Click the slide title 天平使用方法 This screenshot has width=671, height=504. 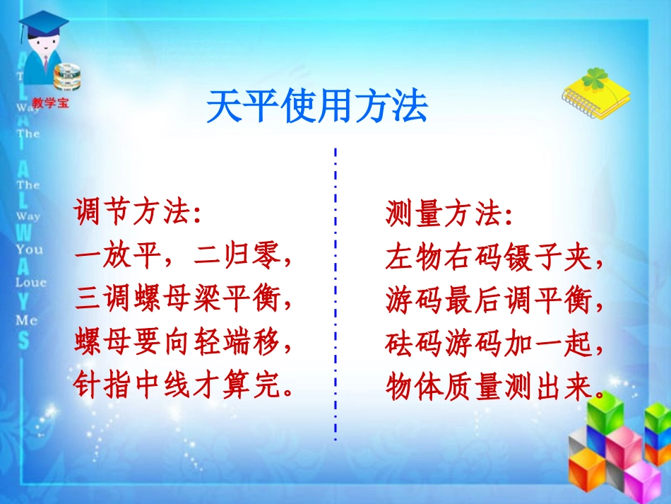pos(317,107)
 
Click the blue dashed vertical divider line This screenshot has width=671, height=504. pos(335,297)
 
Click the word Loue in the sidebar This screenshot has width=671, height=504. pos(30,282)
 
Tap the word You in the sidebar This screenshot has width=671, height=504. pos(30,249)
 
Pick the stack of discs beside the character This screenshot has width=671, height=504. pos(67,76)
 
